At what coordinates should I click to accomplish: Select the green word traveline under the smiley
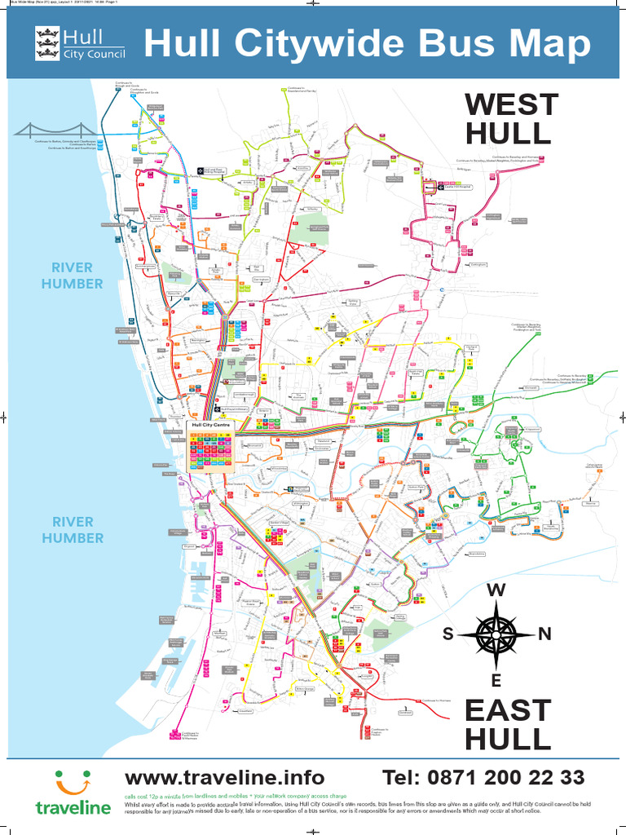[x=73, y=808]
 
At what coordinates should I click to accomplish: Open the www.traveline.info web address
[x=224, y=777]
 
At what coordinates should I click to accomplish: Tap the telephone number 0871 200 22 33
[x=484, y=777]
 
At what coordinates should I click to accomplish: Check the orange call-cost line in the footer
[x=236, y=795]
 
